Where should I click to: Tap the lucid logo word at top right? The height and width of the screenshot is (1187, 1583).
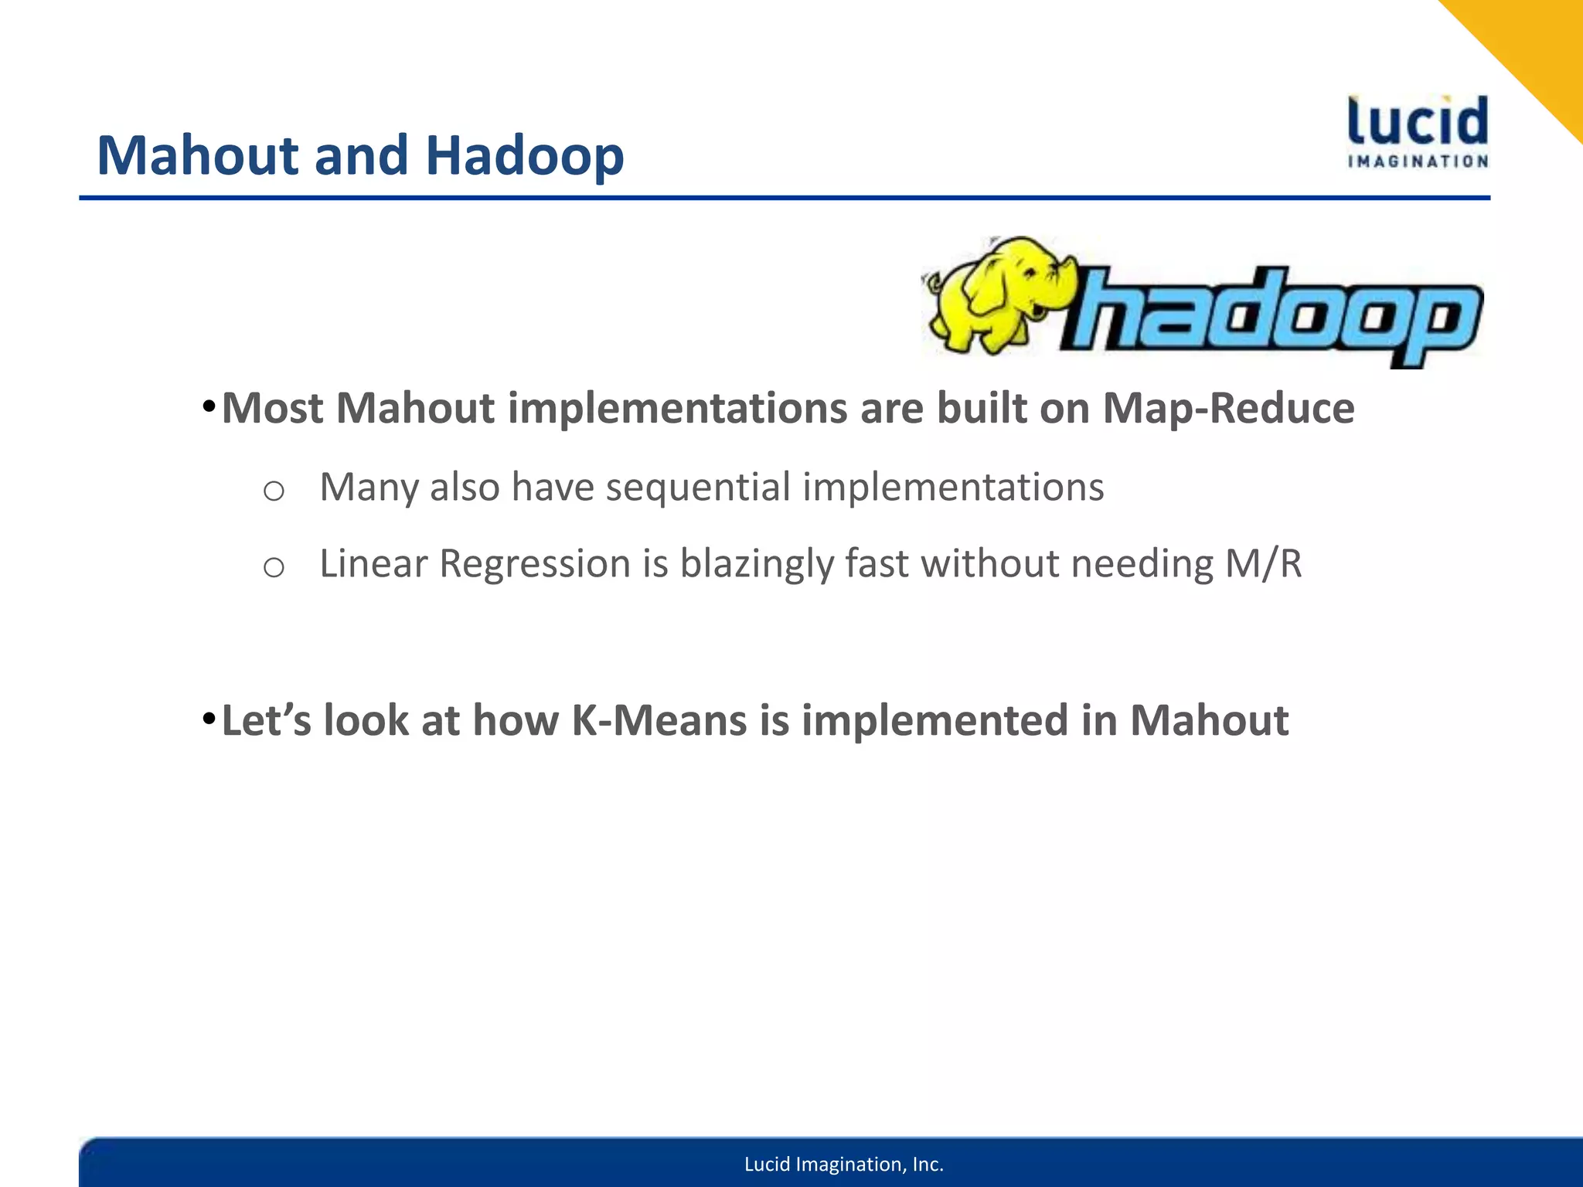point(1418,121)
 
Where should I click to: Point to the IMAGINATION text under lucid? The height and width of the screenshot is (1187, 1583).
point(1418,162)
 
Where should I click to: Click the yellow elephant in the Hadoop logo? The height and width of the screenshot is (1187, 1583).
point(997,294)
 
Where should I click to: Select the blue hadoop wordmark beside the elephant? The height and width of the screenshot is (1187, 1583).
point(1272,317)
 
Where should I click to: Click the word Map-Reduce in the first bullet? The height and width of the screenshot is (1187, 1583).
point(1228,408)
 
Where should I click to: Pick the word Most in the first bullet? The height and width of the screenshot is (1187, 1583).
point(271,408)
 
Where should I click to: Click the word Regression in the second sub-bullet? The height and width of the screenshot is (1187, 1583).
point(534,563)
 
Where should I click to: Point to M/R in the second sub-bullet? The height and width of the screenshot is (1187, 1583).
point(1263,563)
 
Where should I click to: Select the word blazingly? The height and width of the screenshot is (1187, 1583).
point(756,563)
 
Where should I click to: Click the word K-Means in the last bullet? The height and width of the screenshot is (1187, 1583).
point(659,720)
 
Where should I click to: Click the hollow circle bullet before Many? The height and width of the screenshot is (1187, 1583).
point(274,491)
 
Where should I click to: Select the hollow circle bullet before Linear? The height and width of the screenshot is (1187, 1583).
point(274,567)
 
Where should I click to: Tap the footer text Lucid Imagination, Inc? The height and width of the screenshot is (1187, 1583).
point(843,1164)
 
